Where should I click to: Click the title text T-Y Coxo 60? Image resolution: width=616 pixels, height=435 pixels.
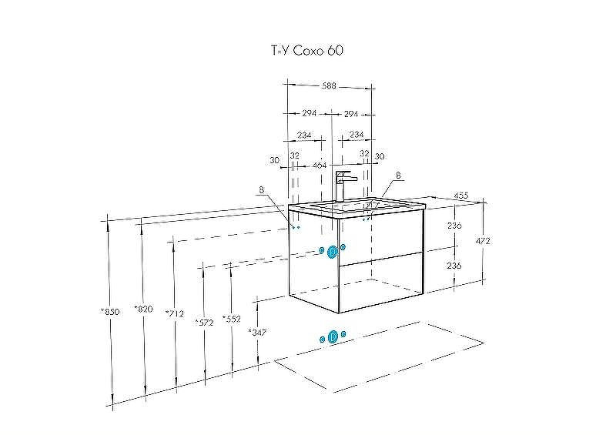(x=307, y=51)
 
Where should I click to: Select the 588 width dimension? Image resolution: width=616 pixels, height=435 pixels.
(x=330, y=87)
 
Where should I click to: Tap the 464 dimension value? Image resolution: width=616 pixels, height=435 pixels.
(x=320, y=165)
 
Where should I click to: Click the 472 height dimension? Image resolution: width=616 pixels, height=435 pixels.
(x=484, y=241)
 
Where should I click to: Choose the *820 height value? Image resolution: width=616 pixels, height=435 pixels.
(x=142, y=309)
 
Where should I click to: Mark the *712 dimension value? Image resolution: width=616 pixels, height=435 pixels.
(x=175, y=313)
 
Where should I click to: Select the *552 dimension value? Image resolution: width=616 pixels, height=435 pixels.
(x=230, y=318)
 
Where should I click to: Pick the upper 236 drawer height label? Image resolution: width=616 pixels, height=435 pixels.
(x=454, y=226)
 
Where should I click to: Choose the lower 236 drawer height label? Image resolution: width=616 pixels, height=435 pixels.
(x=454, y=265)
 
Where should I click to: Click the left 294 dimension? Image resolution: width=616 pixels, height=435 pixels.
(x=308, y=113)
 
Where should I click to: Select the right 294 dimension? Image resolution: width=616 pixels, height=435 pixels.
(x=351, y=113)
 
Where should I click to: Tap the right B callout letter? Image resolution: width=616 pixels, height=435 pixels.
(x=398, y=176)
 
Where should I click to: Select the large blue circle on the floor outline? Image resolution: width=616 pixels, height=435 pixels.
(x=333, y=336)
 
